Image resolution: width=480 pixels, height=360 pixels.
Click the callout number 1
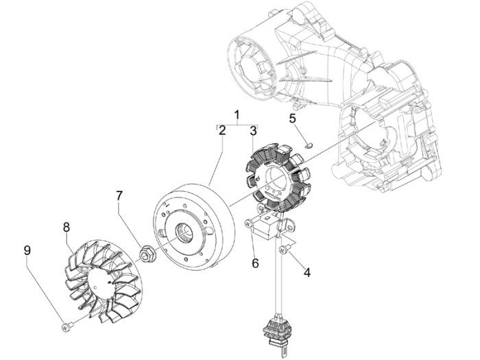(x=237, y=114)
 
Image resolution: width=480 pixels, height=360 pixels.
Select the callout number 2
(x=222, y=130)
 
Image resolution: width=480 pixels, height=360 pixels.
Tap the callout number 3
(x=253, y=130)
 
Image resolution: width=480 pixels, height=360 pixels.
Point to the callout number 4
(x=307, y=272)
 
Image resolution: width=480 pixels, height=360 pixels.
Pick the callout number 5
(x=291, y=118)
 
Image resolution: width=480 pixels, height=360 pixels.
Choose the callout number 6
(x=254, y=262)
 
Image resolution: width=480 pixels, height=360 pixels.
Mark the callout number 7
(x=120, y=197)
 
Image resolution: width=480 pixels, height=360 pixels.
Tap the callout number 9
(x=27, y=250)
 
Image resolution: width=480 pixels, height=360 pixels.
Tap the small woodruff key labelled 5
(x=308, y=145)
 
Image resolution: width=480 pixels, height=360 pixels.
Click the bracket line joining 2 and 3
(x=237, y=125)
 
